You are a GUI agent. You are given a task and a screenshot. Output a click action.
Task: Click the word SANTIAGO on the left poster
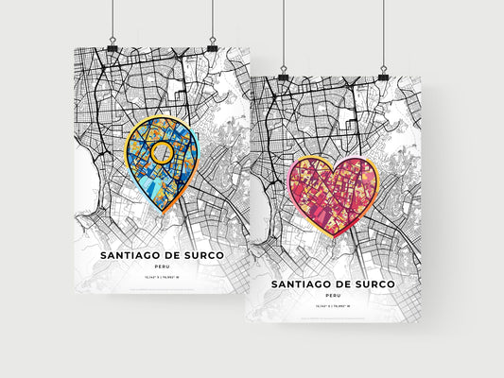119,255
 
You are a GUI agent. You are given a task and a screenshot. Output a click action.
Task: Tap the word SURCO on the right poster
387,283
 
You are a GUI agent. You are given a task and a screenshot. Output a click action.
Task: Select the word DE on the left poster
168,255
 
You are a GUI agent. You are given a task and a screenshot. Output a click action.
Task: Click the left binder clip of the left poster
113,45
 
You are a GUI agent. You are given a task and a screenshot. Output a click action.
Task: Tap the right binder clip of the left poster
213,45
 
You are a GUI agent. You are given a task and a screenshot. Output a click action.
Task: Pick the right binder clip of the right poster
384,73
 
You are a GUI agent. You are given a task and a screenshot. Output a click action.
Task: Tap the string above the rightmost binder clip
384,33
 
